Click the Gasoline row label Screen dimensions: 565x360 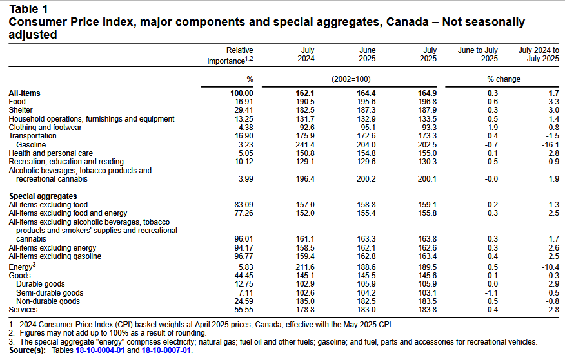point(31,144)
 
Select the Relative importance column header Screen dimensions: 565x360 point(230,56)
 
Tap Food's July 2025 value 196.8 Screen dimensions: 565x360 point(428,102)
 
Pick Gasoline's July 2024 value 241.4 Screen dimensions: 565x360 point(305,144)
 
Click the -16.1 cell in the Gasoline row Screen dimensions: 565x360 point(550,144)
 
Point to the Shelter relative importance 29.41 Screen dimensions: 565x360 point(244,110)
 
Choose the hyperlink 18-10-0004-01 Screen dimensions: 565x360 point(100,350)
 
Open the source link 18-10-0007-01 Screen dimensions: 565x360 point(166,350)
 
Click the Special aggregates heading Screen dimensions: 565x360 point(43,196)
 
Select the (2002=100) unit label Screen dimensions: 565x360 point(351,79)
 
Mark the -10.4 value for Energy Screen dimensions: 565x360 point(550,267)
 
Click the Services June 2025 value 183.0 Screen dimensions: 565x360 point(366,310)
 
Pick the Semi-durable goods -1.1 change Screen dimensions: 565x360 point(491,293)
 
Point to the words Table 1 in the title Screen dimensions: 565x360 point(28,9)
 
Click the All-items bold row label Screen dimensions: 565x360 point(25,93)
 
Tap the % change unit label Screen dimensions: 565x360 point(504,79)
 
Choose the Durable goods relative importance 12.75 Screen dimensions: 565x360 point(244,284)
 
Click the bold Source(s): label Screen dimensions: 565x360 point(27,350)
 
